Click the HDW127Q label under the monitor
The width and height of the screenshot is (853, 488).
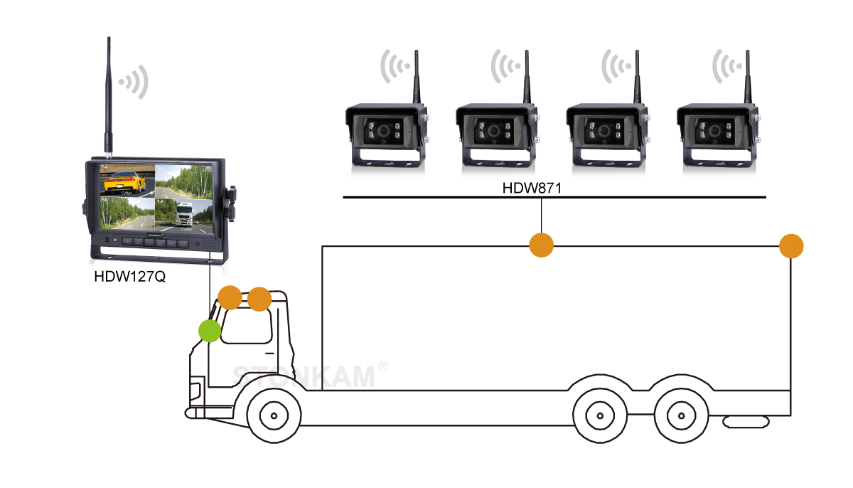point(129,276)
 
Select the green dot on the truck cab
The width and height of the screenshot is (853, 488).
point(209,331)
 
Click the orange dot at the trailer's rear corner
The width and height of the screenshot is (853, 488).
point(791,247)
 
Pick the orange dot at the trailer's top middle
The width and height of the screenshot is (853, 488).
point(542,245)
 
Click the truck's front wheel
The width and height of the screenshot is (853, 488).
point(272,415)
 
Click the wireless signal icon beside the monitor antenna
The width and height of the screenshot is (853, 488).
point(136,82)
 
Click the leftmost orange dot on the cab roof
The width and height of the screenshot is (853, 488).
point(230,297)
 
